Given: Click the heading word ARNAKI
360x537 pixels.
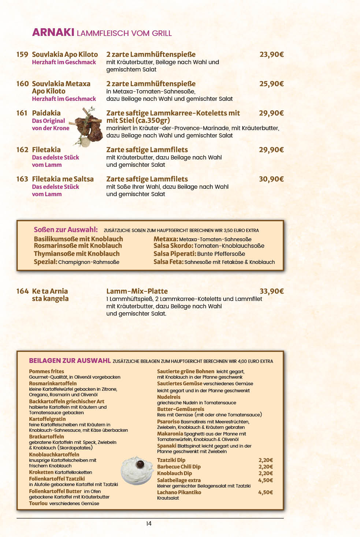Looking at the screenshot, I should coord(53,32).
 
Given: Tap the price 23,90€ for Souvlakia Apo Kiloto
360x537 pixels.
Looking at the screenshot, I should coord(271,54).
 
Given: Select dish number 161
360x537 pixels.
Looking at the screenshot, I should coord(22,113).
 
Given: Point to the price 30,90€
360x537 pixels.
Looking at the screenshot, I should coord(271,179).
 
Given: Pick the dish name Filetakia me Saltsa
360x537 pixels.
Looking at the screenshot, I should coord(63,179).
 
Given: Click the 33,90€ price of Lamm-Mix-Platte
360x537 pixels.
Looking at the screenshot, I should coord(271,291).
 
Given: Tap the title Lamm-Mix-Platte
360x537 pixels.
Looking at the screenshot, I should coord(137,291).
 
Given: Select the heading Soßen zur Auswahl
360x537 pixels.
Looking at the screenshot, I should coord(66,229).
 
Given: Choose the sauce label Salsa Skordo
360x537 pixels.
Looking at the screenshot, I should coord(173,246).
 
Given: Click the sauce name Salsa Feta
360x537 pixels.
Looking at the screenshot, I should coord(168,262).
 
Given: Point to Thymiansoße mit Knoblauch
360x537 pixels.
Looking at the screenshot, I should coord(77,254).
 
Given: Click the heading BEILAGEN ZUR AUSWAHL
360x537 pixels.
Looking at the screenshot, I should coord(70,361).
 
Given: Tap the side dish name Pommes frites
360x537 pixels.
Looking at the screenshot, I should coord(47,371).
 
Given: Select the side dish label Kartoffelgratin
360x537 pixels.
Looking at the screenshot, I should coord(47,419).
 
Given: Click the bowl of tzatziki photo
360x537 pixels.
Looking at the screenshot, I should coord(137,470).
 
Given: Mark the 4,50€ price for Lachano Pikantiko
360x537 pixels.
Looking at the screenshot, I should coord(266,492).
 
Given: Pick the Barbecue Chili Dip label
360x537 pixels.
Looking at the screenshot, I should coord(179,467).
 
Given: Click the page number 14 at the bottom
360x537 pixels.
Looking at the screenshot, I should coord(149,523).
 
